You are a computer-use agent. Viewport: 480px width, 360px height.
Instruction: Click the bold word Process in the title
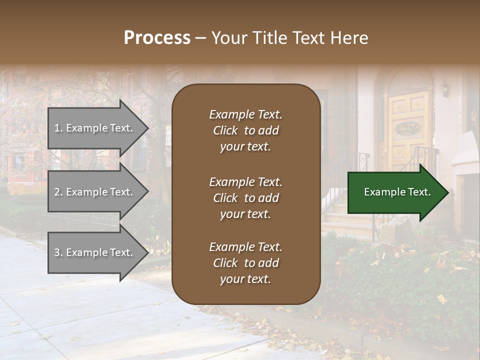pyautogui.click(x=157, y=37)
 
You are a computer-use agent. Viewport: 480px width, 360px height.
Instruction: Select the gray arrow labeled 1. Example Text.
pyautogui.click(x=95, y=128)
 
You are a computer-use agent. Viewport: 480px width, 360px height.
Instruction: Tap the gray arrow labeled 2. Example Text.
pyautogui.click(x=95, y=192)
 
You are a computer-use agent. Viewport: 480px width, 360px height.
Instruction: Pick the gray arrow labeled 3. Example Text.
pyautogui.click(x=95, y=252)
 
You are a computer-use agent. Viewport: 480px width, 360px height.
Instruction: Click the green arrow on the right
pyautogui.click(x=395, y=192)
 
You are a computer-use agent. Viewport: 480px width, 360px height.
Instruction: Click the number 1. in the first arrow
pyautogui.click(x=58, y=128)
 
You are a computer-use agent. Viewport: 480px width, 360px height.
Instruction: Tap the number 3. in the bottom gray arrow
pyautogui.click(x=58, y=252)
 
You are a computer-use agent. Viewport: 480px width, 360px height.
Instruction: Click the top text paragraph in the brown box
pyautogui.click(x=245, y=130)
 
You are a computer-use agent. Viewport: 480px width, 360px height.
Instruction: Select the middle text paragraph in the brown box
pyautogui.click(x=245, y=198)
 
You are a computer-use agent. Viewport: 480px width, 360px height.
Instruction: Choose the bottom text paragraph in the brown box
pyautogui.click(x=245, y=263)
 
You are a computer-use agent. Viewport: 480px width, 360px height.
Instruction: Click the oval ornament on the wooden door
pyautogui.click(x=408, y=129)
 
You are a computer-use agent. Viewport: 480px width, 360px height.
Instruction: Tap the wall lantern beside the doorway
pyautogui.click(x=444, y=88)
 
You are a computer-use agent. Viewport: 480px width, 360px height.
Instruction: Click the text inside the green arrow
pyautogui.click(x=397, y=192)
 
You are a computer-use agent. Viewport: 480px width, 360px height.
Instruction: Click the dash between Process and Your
pyautogui.click(x=200, y=38)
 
